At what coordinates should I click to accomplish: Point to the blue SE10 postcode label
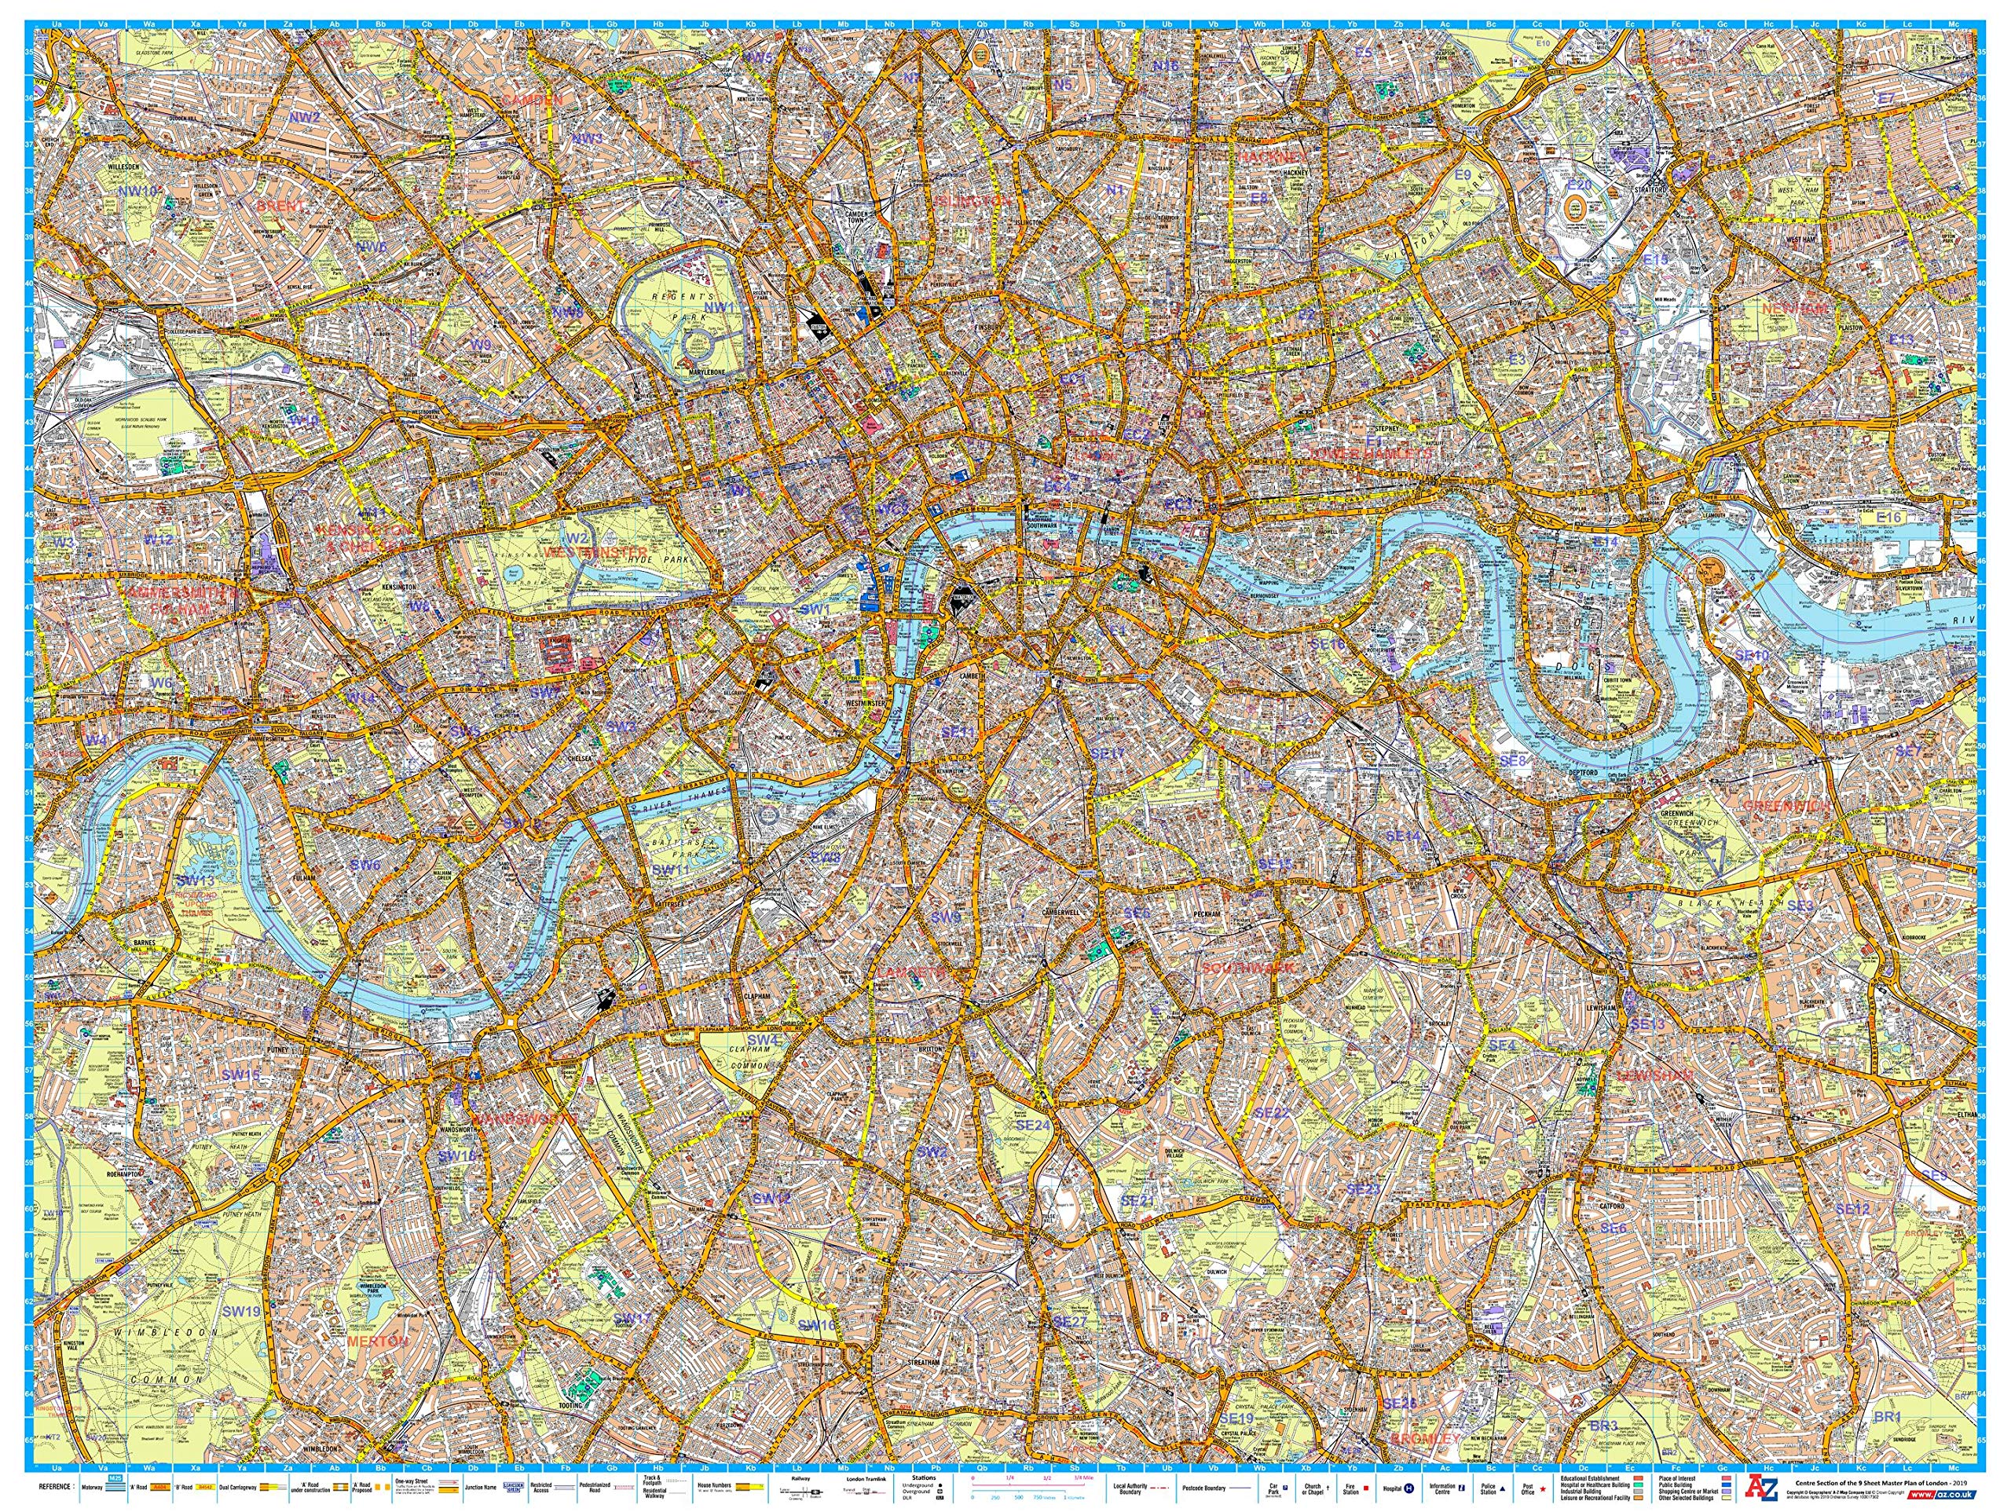[x=1752, y=654]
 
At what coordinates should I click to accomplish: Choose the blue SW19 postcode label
[x=241, y=1311]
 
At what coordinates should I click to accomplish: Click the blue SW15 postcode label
[x=241, y=1075]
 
